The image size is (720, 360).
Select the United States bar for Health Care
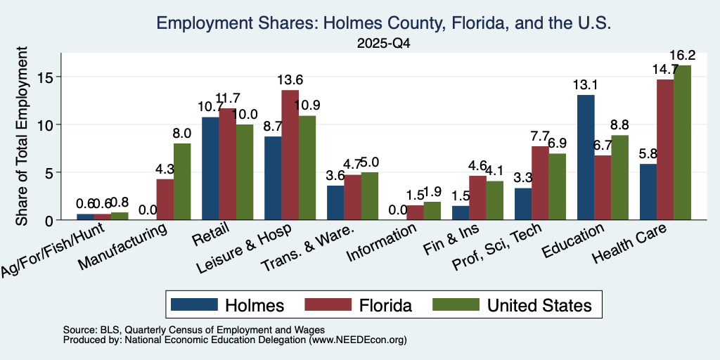click(682, 143)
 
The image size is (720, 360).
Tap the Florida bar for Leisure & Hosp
click(290, 155)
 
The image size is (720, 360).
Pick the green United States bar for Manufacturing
click(182, 182)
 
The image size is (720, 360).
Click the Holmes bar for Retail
click(210, 169)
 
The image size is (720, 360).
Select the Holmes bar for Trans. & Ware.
click(335, 202)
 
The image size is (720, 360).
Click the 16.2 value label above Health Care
click(682, 56)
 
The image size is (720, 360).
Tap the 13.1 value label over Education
click(586, 85)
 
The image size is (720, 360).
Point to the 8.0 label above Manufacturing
click(182, 134)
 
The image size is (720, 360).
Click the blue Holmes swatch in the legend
click(194, 305)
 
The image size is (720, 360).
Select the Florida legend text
click(386, 305)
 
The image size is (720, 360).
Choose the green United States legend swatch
click(456, 305)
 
